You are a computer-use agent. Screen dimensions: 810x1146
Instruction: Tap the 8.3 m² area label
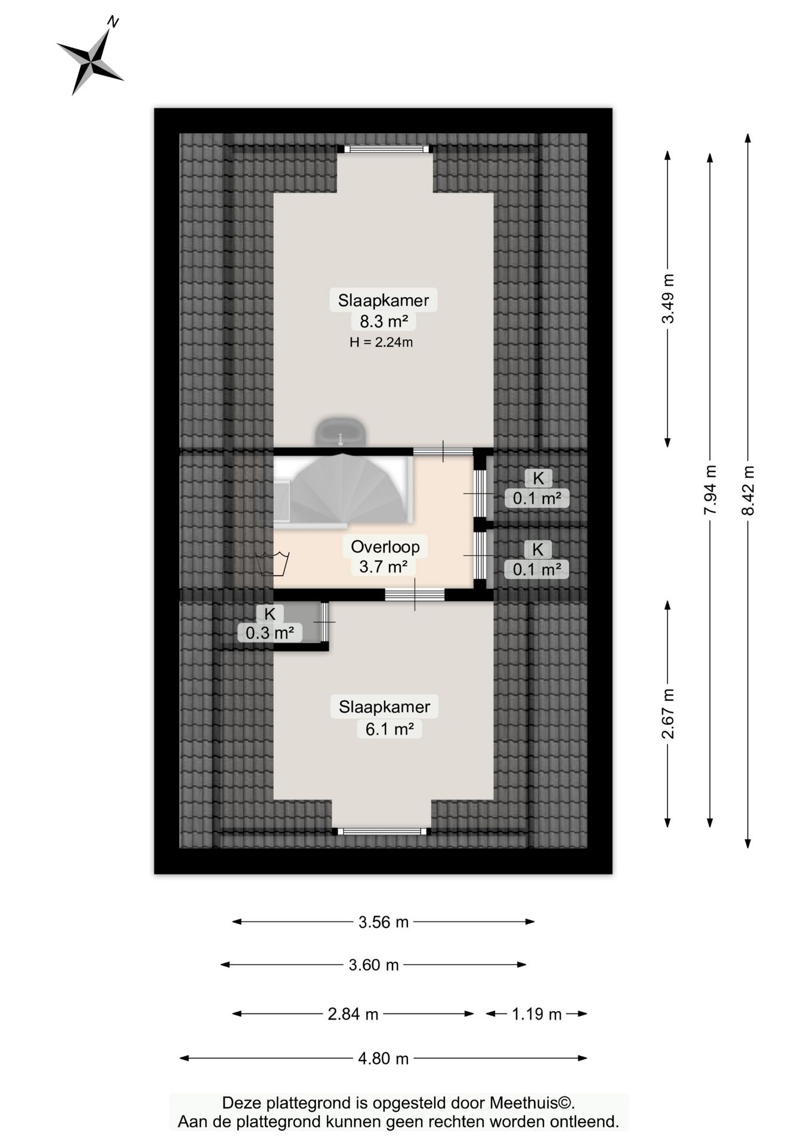click(x=384, y=321)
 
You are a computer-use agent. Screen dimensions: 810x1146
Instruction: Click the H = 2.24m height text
click(x=381, y=342)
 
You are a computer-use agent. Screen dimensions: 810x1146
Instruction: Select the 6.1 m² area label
click(x=389, y=729)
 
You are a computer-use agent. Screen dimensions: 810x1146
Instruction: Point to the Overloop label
click(x=385, y=546)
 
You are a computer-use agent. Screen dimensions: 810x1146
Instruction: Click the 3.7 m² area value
click(x=383, y=566)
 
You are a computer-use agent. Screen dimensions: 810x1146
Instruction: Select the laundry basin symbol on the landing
click(x=272, y=563)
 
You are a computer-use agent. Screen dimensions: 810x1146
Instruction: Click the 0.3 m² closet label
click(x=270, y=632)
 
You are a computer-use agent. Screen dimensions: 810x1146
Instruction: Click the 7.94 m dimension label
click(x=710, y=489)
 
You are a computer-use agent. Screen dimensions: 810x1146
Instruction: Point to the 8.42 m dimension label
click(x=747, y=490)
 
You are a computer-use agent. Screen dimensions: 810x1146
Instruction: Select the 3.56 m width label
click(x=384, y=922)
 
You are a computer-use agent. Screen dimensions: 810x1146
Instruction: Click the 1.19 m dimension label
click(x=537, y=1014)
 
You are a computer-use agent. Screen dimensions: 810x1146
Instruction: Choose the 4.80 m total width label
click(x=384, y=1058)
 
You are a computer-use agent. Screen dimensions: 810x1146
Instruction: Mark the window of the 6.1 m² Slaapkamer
click(x=382, y=831)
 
